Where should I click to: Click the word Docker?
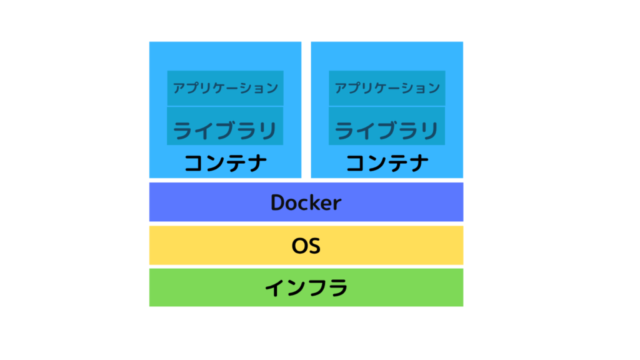[306, 202]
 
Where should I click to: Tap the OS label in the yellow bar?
[306, 246]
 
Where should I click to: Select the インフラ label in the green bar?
[306, 287]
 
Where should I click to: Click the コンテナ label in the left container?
[225, 163]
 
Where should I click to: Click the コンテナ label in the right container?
[387, 163]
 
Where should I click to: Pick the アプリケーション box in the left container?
[225, 87]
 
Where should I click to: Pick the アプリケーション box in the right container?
[387, 87]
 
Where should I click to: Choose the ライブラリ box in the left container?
[225, 126]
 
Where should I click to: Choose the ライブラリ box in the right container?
[387, 126]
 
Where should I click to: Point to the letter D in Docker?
[277, 202]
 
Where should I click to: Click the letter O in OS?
[299, 246]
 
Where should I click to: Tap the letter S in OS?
[314, 246]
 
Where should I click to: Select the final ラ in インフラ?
[337, 287]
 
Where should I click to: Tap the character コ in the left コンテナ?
[194, 163]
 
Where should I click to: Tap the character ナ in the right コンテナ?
[419, 163]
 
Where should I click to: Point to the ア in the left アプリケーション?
[179, 87]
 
